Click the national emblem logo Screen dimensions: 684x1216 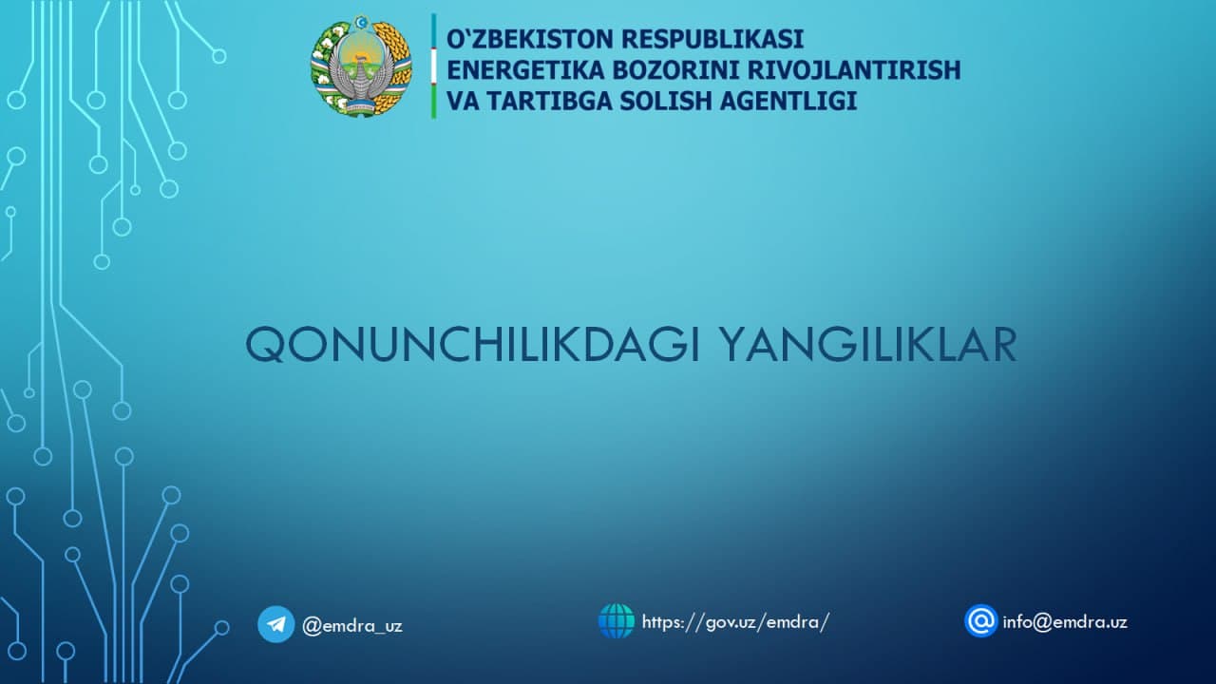pos(361,66)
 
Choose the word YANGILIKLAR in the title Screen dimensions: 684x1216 pos(866,346)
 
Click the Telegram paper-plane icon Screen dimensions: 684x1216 pos(275,624)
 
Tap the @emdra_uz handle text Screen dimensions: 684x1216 pos(351,626)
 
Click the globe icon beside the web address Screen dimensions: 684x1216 pos(616,621)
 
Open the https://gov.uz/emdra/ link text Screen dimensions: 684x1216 pos(735,622)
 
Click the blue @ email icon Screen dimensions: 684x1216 pos(980,621)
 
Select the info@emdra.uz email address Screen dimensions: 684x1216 pos(1065,622)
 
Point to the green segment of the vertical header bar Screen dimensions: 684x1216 pos(434,102)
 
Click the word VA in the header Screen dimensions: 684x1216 pos(460,101)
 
